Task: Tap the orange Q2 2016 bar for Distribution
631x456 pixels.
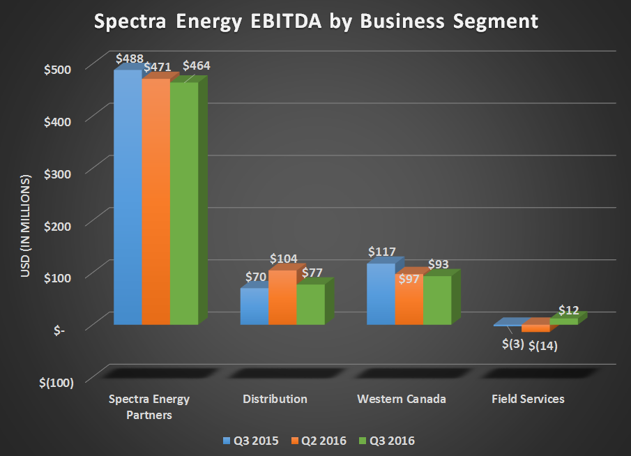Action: coord(282,298)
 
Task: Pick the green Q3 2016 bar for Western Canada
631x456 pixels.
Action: coord(437,301)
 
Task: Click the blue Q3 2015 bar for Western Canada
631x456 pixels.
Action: coord(381,294)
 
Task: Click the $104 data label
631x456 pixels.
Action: coord(284,259)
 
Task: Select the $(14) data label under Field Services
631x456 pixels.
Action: coord(544,345)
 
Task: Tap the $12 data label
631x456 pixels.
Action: coord(569,310)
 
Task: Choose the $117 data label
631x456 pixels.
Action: coord(382,251)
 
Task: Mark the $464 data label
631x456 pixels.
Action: coord(196,66)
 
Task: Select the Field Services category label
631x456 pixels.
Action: coord(528,400)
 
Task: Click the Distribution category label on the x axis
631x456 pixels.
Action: coord(275,400)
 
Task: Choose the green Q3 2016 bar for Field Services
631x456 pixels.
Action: coord(563,321)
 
